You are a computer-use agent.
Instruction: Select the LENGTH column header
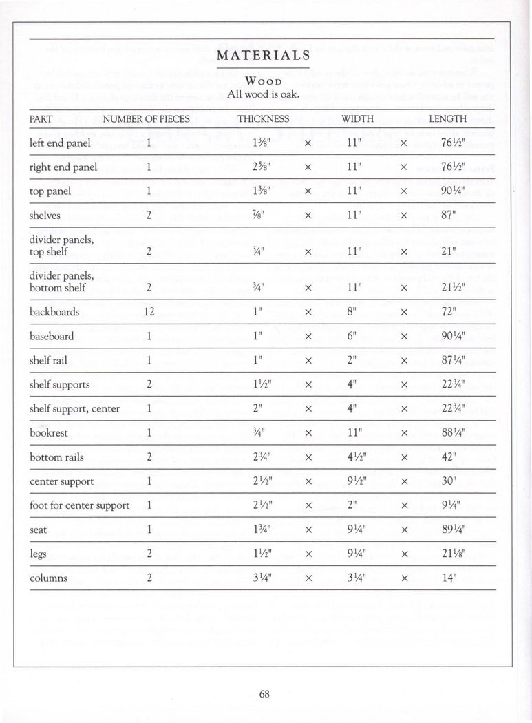pyautogui.click(x=447, y=118)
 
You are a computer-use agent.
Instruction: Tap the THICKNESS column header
pyautogui.click(x=263, y=118)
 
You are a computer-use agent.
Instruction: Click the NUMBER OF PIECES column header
pyautogui.click(x=146, y=118)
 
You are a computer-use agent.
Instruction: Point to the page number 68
pyautogui.click(x=264, y=694)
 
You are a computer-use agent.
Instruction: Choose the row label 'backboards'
pyautogui.click(x=54, y=312)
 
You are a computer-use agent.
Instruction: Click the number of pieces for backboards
pyautogui.click(x=149, y=312)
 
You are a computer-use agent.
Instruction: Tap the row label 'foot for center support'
pyautogui.click(x=80, y=505)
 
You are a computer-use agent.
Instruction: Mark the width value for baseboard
pyautogui.click(x=352, y=337)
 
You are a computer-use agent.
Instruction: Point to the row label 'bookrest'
pyautogui.click(x=50, y=433)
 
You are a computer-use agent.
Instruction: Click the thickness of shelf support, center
pyautogui.click(x=259, y=409)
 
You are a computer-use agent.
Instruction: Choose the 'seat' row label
pyautogui.click(x=39, y=530)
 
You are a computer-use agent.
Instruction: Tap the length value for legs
pyautogui.click(x=449, y=554)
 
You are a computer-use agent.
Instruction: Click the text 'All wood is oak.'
pyautogui.click(x=264, y=94)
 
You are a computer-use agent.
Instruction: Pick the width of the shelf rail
pyautogui.click(x=352, y=361)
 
